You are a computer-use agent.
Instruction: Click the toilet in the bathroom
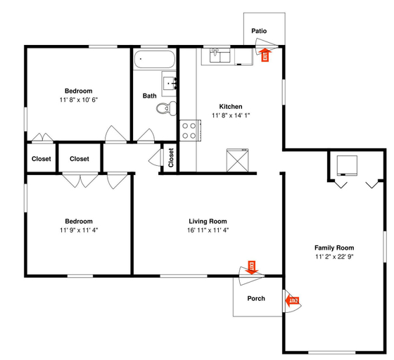coord(166,108)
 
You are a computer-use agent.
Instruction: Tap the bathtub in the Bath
coord(154,59)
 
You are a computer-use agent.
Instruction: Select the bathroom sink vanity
coord(169,84)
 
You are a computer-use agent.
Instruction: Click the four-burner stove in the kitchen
coord(190,131)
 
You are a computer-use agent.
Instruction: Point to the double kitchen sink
coord(220,56)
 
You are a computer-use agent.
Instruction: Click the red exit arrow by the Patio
coord(265,55)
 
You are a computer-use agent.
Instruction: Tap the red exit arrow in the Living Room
coord(252,268)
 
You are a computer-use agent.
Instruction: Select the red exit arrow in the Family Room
coord(292,300)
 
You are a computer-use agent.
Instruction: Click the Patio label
coord(259,31)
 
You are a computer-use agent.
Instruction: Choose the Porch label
coord(256,298)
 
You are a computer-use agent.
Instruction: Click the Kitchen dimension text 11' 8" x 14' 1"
coord(231,115)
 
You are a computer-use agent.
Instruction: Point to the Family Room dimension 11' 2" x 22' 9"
coord(334,257)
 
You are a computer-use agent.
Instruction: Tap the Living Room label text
coord(208,221)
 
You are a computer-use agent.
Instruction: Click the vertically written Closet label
coord(171,157)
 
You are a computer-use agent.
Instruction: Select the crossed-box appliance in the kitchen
coord(238,160)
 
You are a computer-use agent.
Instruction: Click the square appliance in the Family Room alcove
coord(347,165)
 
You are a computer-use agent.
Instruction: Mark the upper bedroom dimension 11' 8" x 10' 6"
coord(79,100)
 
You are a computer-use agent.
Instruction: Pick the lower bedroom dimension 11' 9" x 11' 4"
coord(79,230)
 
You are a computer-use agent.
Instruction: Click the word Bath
coord(149,96)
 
